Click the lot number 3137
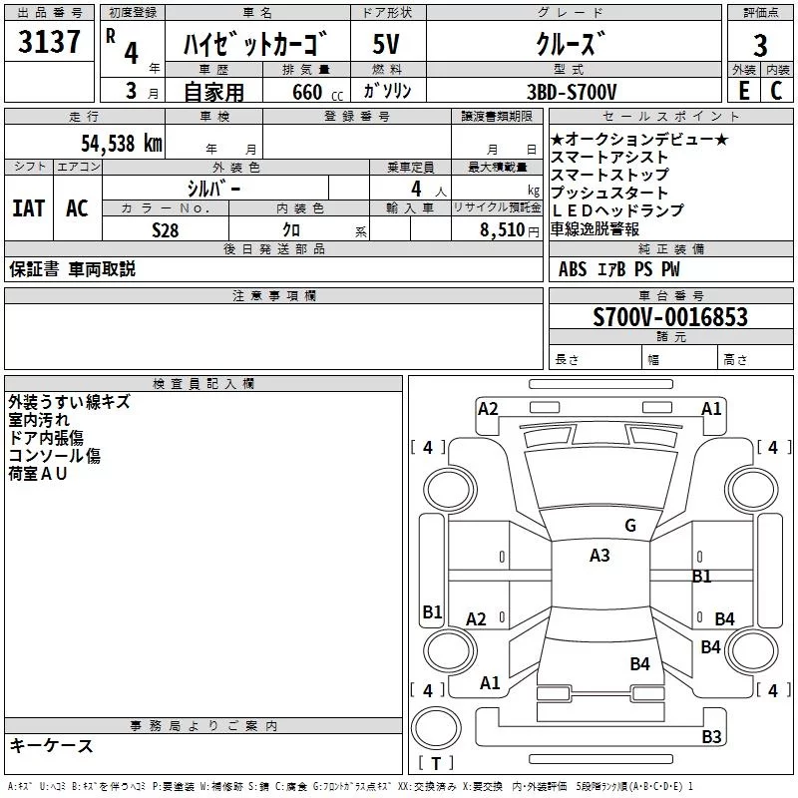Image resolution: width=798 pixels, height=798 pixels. pos(49,44)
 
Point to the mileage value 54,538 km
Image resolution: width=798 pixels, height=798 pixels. pos(122,143)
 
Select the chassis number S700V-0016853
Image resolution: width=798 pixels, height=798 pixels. pos(670,317)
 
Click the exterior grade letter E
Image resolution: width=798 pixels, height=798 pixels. pos(743,91)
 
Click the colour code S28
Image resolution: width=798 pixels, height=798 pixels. pos(166,229)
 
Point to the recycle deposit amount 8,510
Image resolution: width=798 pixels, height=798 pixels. pos(500,229)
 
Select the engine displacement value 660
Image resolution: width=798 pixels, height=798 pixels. pos(307,92)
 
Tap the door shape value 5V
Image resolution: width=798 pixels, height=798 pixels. pos(388,46)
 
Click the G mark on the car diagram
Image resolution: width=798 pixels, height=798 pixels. pos(629,526)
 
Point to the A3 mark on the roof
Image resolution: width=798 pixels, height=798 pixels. pos(599,556)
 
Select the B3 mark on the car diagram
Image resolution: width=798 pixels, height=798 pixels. pos(711,737)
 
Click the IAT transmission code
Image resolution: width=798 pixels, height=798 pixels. pos(28,207)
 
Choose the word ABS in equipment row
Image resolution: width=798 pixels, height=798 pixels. pos(573,269)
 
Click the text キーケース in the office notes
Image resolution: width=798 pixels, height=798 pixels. pos(52,745)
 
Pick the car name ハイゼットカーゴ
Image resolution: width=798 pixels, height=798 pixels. pos(255,46)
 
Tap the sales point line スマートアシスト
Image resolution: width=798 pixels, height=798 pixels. pos(610,157)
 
